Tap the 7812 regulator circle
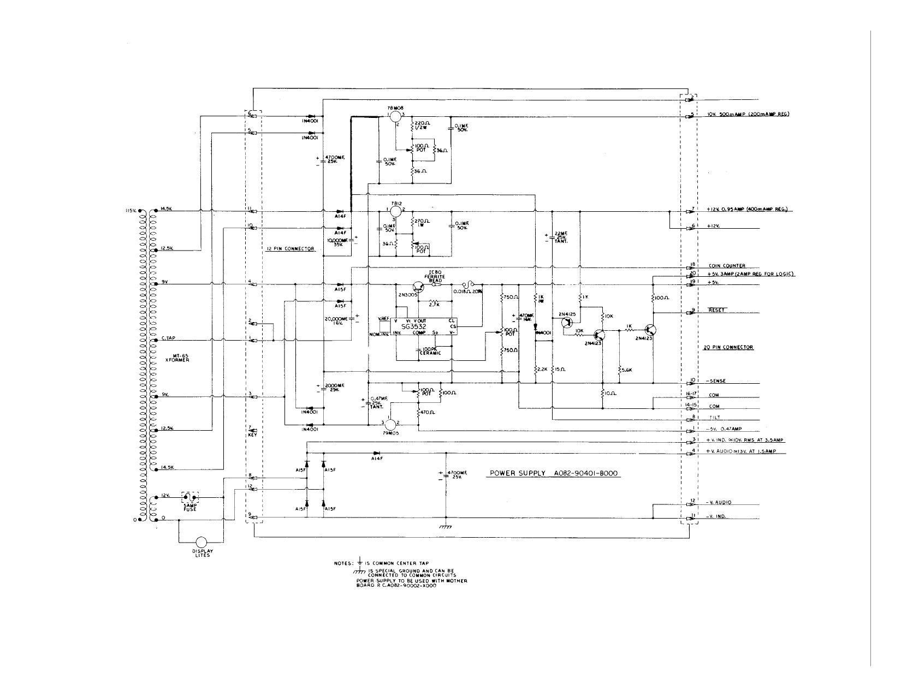tap(396, 211)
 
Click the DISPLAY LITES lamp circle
tap(201, 542)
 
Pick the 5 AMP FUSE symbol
tap(189, 498)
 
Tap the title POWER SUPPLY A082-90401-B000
tap(553, 473)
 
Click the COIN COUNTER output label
tap(727, 266)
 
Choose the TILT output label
tap(714, 418)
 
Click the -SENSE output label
tap(718, 380)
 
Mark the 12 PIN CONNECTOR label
tap(291, 249)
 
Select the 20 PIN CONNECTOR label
tap(728, 347)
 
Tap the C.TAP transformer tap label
tap(168, 339)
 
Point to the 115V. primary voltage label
tap(131, 210)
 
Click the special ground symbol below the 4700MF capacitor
tap(446, 526)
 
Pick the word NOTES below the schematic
tap(344, 563)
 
